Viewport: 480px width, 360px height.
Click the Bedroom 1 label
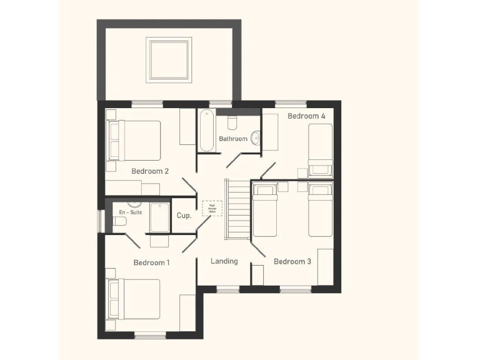[x=151, y=262]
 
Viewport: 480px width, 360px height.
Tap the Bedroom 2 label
[x=150, y=171]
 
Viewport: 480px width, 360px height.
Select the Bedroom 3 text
[x=292, y=261]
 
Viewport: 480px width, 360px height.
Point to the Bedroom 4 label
[x=306, y=116]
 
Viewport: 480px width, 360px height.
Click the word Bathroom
[x=233, y=139]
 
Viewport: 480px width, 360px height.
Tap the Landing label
[x=224, y=261]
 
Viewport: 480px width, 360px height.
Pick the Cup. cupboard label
[x=184, y=216]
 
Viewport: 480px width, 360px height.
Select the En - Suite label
[x=131, y=212]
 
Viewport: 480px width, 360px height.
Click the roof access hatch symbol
[x=211, y=208]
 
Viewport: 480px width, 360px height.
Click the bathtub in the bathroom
[x=207, y=131]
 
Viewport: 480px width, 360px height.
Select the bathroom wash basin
[x=255, y=138]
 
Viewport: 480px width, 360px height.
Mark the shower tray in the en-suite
[x=159, y=217]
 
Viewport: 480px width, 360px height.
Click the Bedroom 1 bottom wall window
[x=150, y=336]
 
